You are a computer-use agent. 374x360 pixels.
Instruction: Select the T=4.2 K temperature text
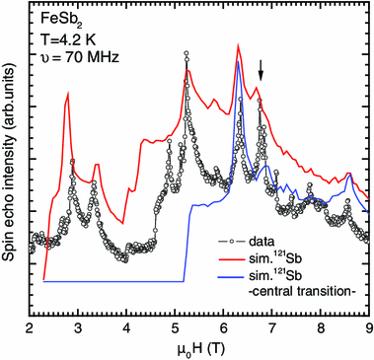[68, 37]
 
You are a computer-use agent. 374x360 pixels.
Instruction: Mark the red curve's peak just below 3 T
[68, 93]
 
